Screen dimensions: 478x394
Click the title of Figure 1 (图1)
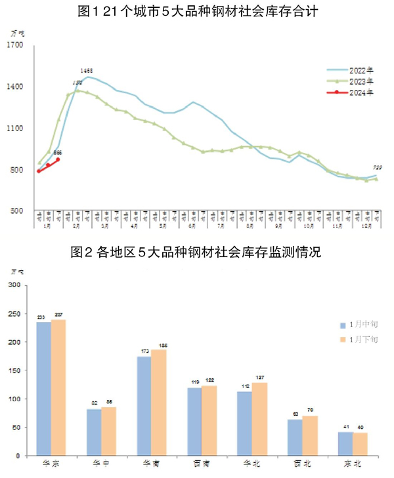(x=197, y=12)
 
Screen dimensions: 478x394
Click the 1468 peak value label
(x=87, y=70)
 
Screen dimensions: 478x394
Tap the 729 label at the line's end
(x=378, y=168)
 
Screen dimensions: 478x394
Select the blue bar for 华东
(x=43, y=388)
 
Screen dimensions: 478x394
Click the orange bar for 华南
(x=159, y=402)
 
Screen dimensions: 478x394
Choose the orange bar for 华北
(x=259, y=418)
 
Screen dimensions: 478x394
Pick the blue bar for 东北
(x=345, y=443)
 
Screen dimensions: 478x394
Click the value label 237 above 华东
(x=59, y=315)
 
